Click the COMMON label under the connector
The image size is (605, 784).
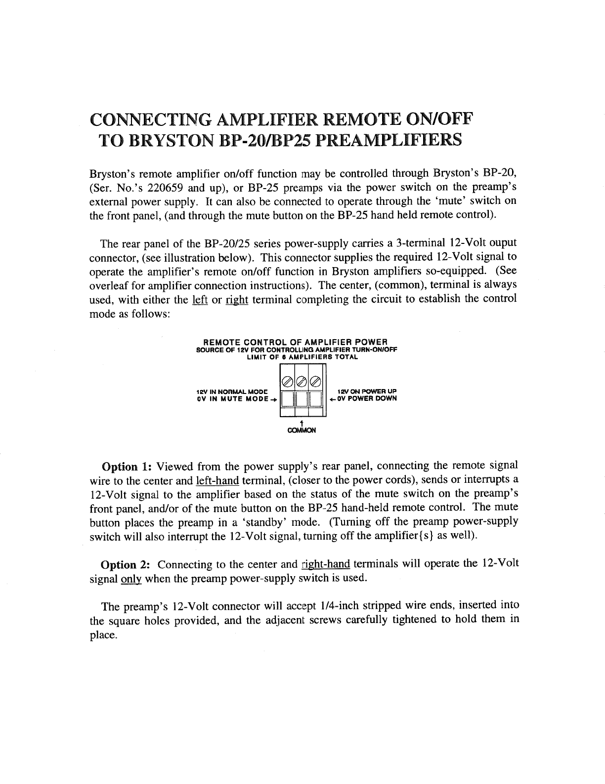[301, 430]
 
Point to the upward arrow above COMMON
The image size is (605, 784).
[301, 421]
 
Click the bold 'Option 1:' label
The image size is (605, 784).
[126, 467]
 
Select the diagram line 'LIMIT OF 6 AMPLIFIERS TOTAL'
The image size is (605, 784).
[302, 357]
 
